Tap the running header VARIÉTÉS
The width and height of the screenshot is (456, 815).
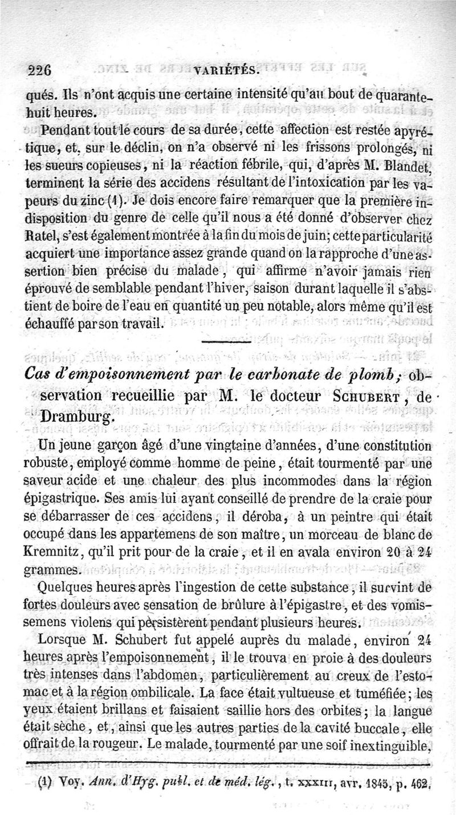pos(227,72)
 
